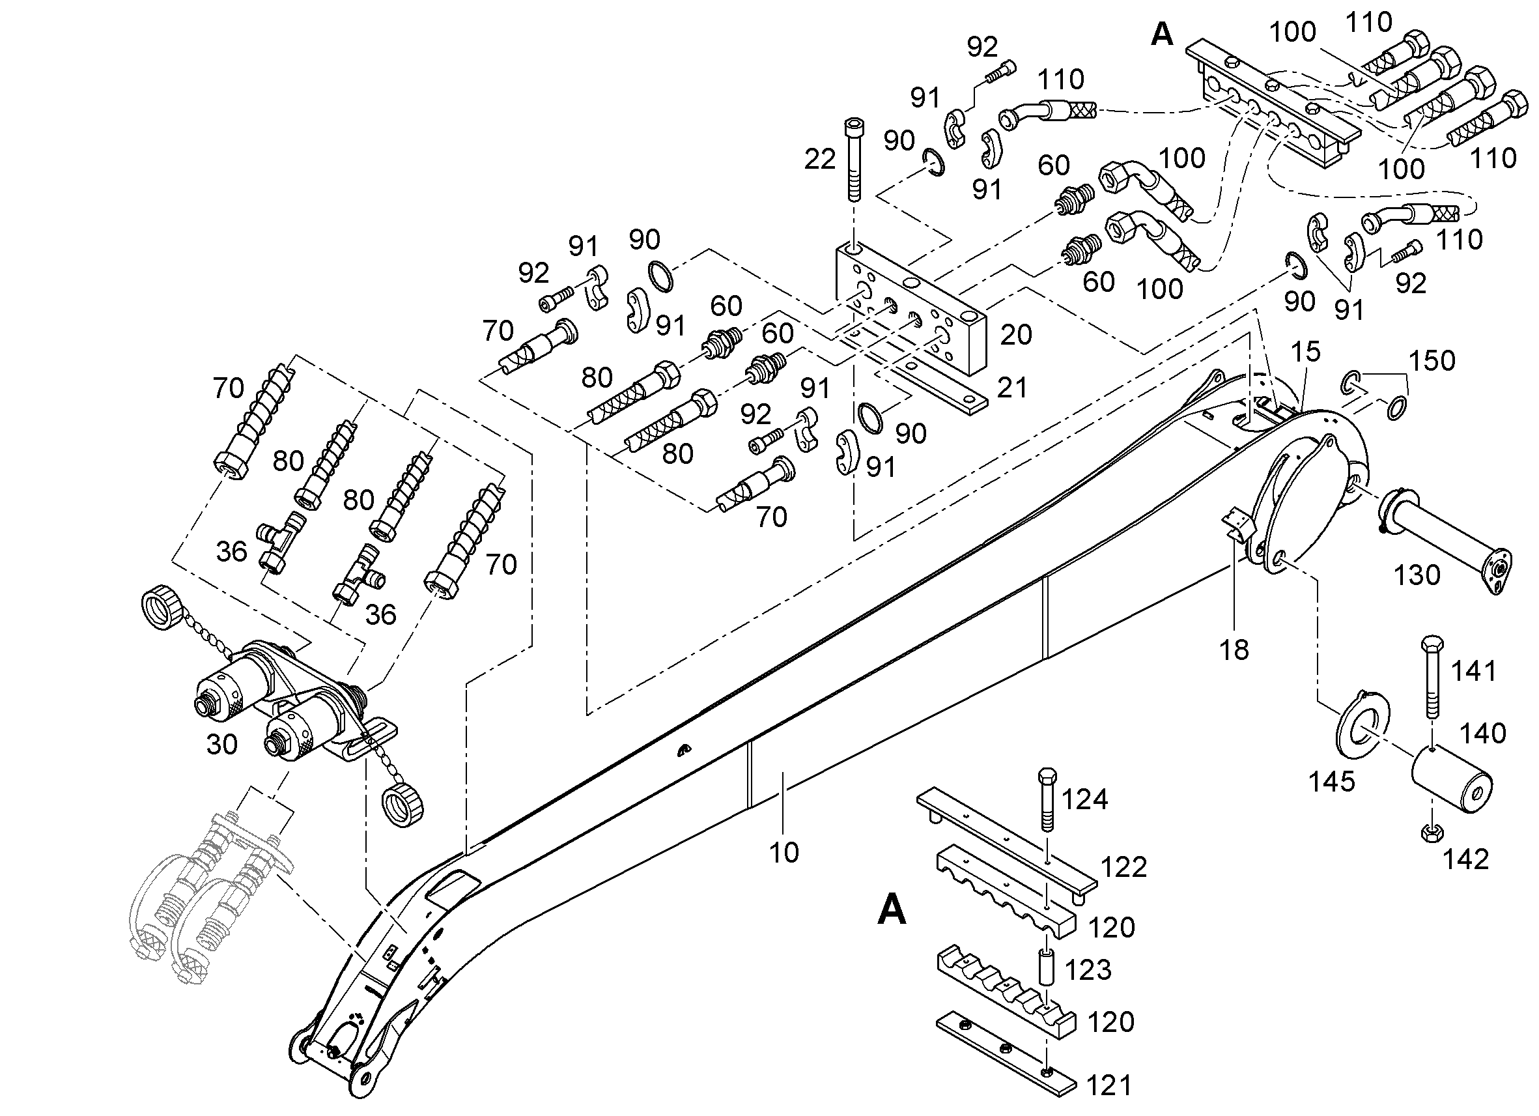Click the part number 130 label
1417,575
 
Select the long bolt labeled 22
854,160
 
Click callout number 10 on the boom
784,852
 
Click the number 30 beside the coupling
221,745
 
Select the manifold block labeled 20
910,309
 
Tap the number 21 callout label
1011,388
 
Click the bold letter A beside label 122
892,909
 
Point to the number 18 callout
1234,650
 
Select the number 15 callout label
1306,352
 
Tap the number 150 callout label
1432,361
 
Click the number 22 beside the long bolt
820,160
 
